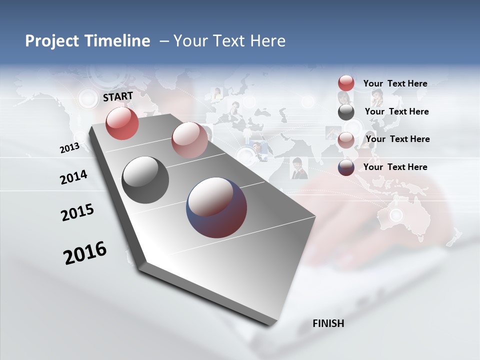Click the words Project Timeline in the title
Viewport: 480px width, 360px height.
(87, 41)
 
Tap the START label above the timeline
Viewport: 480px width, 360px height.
(118, 96)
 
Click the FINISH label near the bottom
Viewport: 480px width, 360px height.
(328, 323)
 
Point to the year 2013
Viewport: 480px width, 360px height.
(69, 148)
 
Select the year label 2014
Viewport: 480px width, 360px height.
(73, 177)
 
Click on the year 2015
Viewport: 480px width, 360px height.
(77, 212)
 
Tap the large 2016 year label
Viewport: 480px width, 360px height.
(85, 252)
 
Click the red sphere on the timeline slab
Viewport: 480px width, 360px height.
(122, 123)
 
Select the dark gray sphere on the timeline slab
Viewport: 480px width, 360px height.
(145, 180)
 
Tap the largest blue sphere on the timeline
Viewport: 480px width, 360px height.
(216, 207)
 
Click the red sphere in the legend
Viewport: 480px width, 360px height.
(346, 83)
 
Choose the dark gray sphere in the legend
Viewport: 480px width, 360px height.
(346, 112)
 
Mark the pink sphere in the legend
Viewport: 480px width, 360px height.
(346, 140)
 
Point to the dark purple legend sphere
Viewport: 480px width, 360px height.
(346, 167)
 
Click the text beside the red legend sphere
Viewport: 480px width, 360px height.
(395, 83)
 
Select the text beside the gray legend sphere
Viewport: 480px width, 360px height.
(396, 111)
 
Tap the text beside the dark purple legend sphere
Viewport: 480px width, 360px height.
(395, 167)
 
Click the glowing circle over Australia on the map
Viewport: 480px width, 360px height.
(396, 215)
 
